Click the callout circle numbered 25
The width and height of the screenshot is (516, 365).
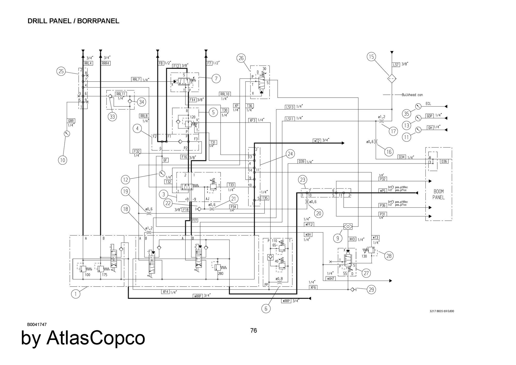(61, 71)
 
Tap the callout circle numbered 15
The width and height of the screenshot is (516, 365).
(371, 57)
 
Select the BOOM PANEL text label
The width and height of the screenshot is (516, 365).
(438, 194)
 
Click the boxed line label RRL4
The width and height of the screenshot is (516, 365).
(88, 63)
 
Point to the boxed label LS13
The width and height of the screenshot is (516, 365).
(290, 107)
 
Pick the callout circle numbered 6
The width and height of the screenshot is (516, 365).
(266, 308)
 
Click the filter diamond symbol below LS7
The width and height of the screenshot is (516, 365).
(392, 78)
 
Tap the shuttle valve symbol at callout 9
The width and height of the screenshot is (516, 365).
(348, 226)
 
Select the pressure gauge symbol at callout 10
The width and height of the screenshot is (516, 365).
(67, 133)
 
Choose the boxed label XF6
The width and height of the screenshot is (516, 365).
(313, 287)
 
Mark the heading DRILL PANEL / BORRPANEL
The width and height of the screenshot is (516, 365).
(73, 21)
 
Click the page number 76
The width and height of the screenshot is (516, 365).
(254, 330)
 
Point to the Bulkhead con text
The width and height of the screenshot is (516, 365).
(412, 95)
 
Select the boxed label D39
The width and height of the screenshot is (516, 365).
(301, 162)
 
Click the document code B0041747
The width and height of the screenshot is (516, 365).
(37, 325)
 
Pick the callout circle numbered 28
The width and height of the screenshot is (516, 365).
(389, 256)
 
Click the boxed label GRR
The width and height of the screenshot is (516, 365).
(71, 121)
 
